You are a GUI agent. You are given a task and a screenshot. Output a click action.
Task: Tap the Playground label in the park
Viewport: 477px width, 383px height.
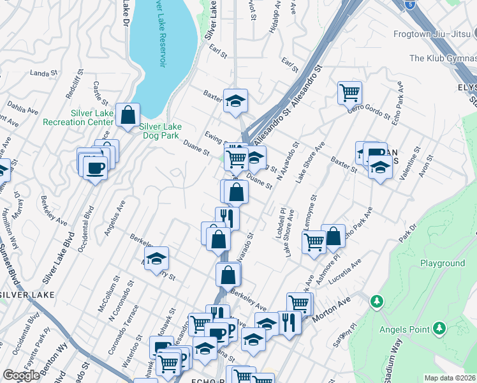pyautogui.click(x=442, y=263)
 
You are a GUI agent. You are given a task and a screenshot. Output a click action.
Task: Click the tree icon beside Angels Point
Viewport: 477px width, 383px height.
pyautogui.click(x=439, y=328)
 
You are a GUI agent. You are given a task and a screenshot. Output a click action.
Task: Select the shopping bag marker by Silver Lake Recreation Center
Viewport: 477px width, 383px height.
pyautogui.click(x=128, y=116)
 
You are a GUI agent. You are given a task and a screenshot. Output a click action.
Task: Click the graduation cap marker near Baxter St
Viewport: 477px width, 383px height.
pyautogui.click(x=235, y=100)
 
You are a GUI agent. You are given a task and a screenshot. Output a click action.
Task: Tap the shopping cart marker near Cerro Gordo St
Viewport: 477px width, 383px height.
pyautogui.click(x=349, y=93)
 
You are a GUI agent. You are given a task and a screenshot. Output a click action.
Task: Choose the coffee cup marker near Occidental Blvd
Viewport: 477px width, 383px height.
pyautogui.click(x=95, y=168)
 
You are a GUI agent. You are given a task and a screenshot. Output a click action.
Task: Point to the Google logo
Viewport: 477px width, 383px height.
pyautogui.click(x=21, y=375)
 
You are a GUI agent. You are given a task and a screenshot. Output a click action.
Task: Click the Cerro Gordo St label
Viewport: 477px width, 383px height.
pyautogui.click(x=369, y=110)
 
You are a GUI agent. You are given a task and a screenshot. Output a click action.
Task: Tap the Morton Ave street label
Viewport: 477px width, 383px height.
pyautogui.click(x=332, y=301)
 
